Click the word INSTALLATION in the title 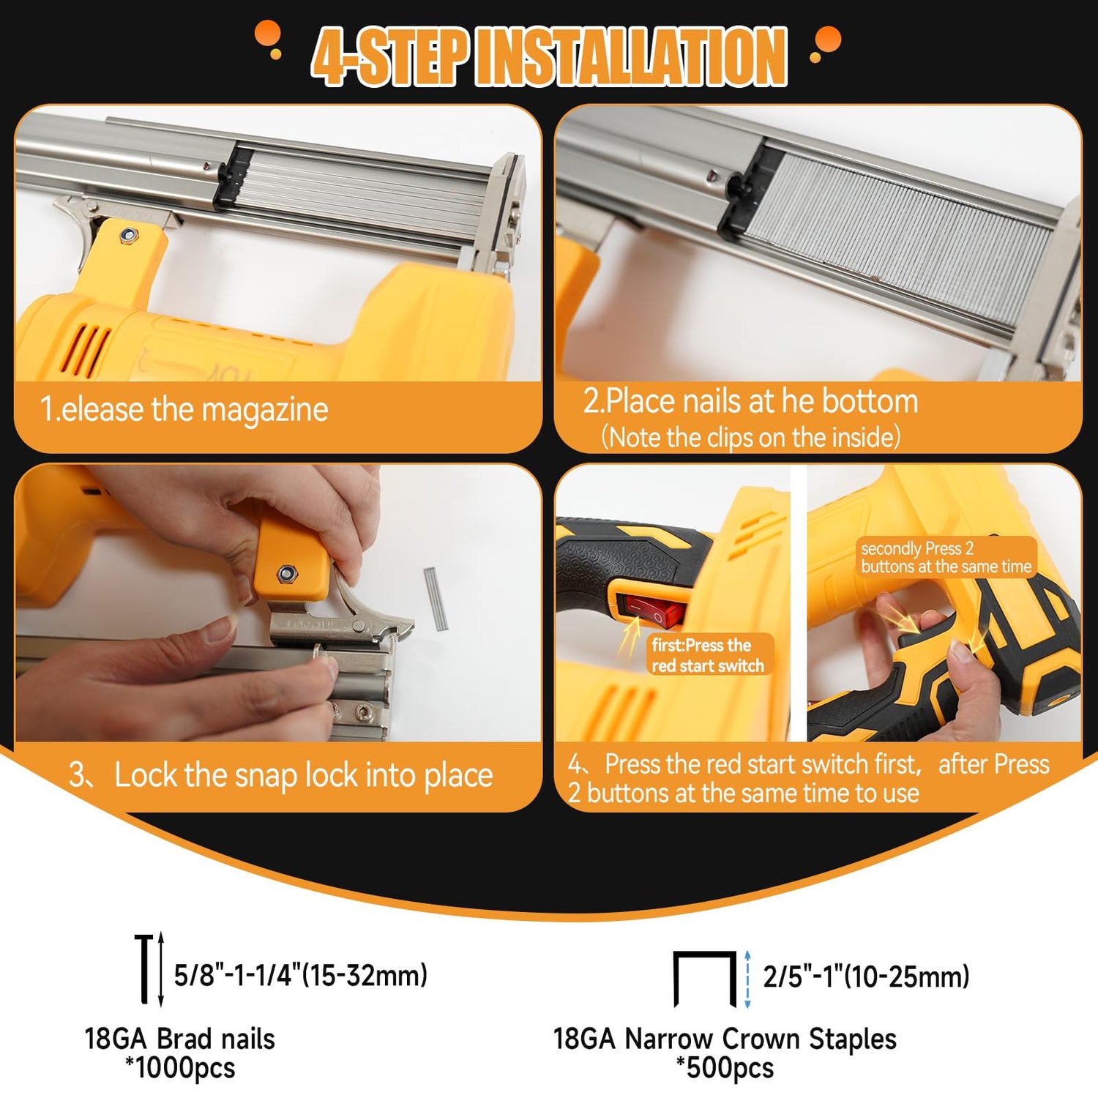pyautogui.click(x=631, y=56)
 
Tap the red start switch pyautogui.click(x=654, y=611)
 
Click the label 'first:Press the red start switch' pyautogui.click(x=708, y=655)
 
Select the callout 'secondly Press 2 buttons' pyautogui.click(x=946, y=557)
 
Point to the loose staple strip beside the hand pyautogui.click(x=436, y=599)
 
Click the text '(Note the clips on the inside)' pyautogui.click(x=751, y=438)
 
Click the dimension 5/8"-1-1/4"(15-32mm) pyautogui.click(x=300, y=975)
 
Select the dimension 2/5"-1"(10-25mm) pyautogui.click(x=866, y=976)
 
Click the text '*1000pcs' pyautogui.click(x=180, y=1068)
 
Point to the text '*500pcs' pyautogui.click(x=725, y=1068)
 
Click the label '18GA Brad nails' pyautogui.click(x=180, y=1039)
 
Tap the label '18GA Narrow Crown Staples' pyautogui.click(x=725, y=1039)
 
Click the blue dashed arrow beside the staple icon pyautogui.click(x=747, y=979)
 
